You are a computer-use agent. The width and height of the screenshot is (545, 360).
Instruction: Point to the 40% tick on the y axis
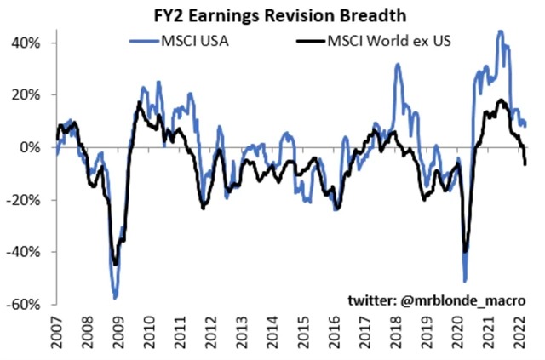tap(31, 43)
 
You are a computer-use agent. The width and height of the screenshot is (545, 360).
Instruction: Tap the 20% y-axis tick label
tap(31, 94)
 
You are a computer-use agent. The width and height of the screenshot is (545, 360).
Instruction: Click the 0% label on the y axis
tap(35, 147)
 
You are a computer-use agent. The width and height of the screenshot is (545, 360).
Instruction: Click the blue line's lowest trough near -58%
tap(115, 298)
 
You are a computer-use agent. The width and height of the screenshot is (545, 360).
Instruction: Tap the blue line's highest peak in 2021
tap(500, 31)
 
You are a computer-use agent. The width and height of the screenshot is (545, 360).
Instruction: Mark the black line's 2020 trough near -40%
tap(465, 252)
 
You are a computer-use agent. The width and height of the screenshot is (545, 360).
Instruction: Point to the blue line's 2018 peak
tap(398, 64)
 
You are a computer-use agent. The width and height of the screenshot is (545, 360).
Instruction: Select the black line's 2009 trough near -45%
tap(116, 265)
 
